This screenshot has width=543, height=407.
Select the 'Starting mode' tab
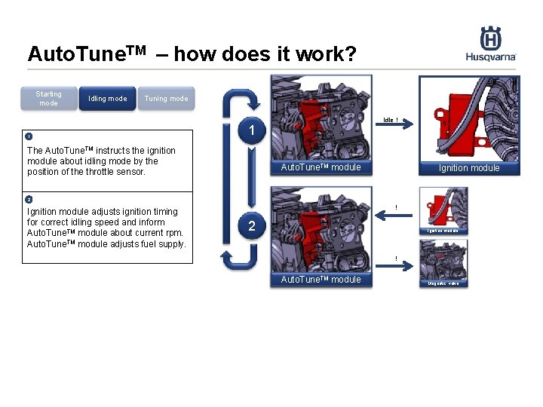tap(49, 99)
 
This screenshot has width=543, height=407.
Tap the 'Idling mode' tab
tap(108, 99)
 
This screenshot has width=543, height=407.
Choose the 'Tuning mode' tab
tap(166, 99)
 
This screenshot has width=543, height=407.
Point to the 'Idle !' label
tap(390, 119)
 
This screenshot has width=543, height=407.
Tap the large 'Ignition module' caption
tap(469, 168)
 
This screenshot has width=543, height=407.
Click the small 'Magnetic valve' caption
tap(443, 283)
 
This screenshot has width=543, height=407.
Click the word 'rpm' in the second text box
tap(174, 233)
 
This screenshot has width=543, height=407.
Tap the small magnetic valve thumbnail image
tap(443, 260)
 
